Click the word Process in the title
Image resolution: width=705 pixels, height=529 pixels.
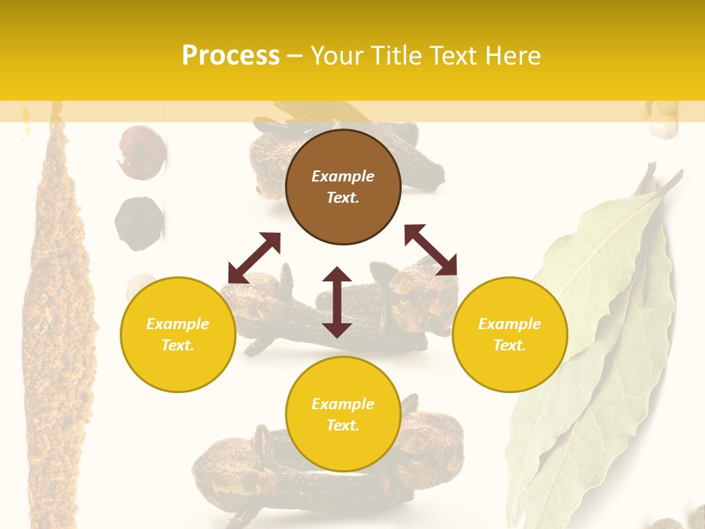231,56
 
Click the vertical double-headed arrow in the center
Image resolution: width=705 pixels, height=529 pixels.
337,302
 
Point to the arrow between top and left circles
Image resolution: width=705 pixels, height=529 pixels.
254,258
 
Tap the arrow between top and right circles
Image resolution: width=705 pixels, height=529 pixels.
430,250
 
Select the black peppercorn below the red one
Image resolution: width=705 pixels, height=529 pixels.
139,223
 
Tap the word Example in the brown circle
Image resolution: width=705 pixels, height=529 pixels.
343,176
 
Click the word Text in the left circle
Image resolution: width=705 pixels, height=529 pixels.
178,345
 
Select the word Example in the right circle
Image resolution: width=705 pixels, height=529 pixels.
510,324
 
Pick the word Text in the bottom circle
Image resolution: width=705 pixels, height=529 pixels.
343,425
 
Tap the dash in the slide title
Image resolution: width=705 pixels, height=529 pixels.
294,57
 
